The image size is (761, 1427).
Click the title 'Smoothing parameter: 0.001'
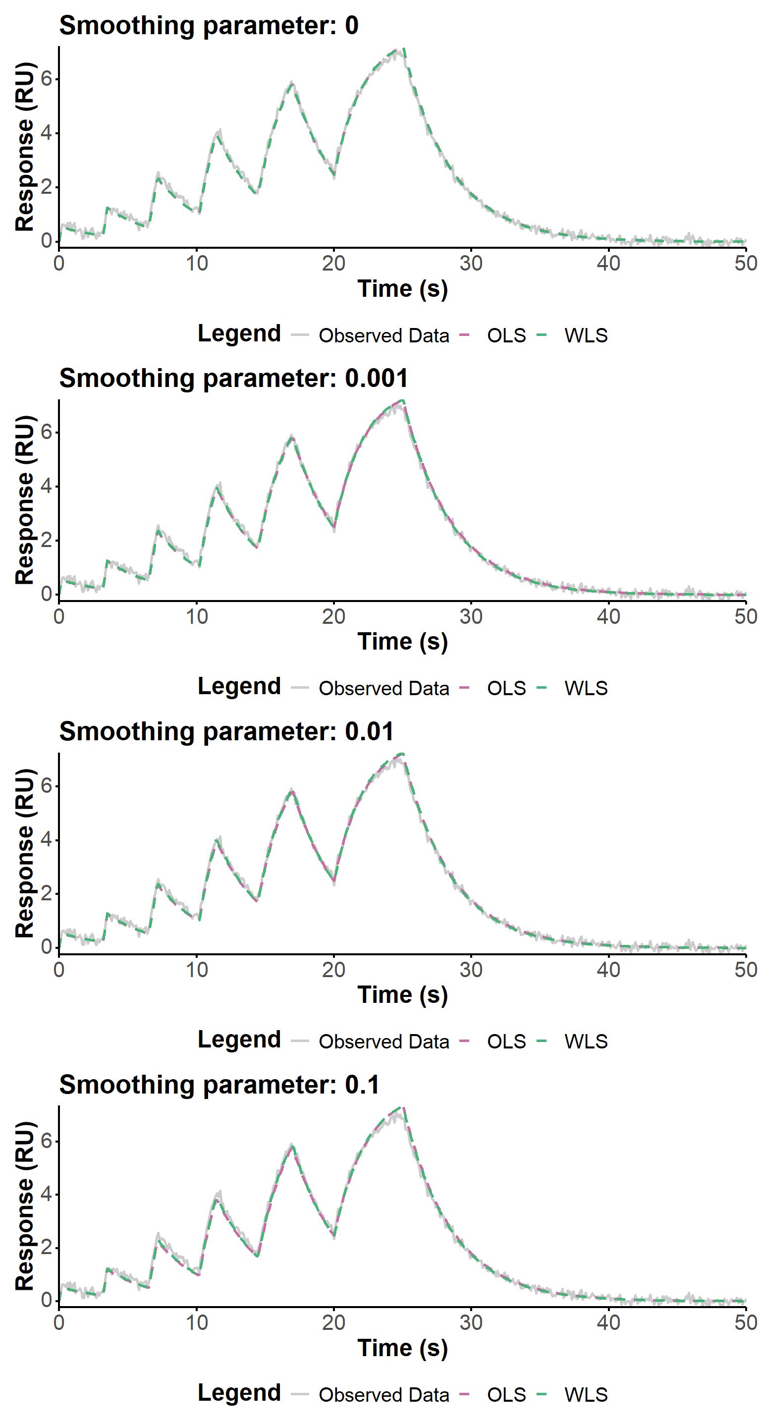pyautogui.click(x=233, y=379)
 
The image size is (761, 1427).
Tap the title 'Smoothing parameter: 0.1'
pyautogui.click(x=219, y=1085)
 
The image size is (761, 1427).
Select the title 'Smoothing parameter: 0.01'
pyautogui.click(x=226, y=731)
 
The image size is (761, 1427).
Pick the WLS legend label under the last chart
pyautogui.click(x=586, y=1394)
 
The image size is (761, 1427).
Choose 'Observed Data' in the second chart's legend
pyautogui.click(x=383, y=688)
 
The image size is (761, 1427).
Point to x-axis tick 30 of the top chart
pyautogui.click(x=471, y=263)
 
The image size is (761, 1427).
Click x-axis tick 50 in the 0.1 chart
pyautogui.click(x=746, y=1323)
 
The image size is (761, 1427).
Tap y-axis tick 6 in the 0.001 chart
pyautogui.click(x=47, y=432)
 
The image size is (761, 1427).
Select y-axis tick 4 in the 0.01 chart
pyautogui.click(x=47, y=839)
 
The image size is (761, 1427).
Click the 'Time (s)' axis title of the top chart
pyautogui.click(x=403, y=288)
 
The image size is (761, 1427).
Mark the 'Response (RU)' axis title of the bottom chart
pyautogui.click(x=25, y=1206)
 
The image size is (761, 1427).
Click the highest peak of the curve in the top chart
pyautogui.click(x=404, y=50)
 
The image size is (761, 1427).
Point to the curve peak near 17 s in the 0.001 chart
pyautogui.click(x=291, y=437)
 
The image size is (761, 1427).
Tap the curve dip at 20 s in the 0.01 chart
pyautogui.click(x=334, y=881)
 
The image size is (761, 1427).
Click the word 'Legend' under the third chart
pyautogui.click(x=239, y=1040)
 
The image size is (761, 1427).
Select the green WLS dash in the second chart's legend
pyautogui.click(x=542, y=688)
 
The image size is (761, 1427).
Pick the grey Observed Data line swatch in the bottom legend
pyautogui.click(x=300, y=1394)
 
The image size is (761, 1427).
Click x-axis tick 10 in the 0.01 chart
pyautogui.click(x=197, y=970)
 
